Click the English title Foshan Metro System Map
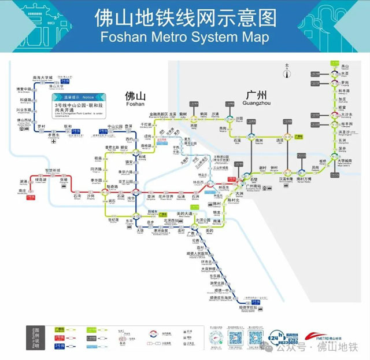(184, 37)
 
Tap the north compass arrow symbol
(287, 72)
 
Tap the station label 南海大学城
(42, 77)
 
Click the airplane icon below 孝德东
(53, 141)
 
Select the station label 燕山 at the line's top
(345, 67)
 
